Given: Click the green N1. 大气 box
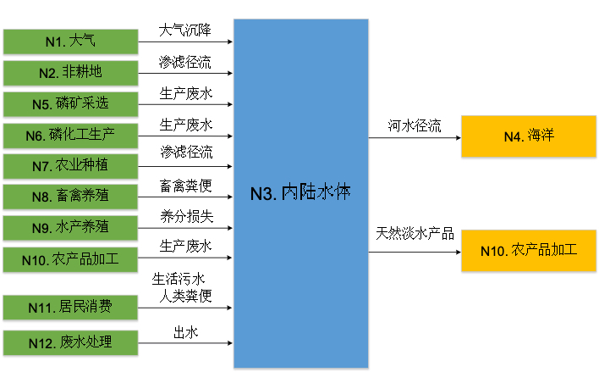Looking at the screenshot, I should click(x=70, y=40).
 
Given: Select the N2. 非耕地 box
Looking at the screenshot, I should click(x=70, y=72).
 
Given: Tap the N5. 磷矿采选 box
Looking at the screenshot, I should click(x=70, y=103).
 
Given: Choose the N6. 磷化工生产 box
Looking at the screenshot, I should click(x=70, y=135).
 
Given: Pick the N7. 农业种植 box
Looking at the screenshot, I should click(x=70, y=165).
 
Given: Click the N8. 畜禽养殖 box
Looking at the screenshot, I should click(x=70, y=197).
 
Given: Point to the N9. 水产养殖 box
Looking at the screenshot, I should click(x=70, y=227).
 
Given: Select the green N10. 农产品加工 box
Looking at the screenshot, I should click(x=70, y=258).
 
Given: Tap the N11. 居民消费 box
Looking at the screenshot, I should click(x=70, y=305).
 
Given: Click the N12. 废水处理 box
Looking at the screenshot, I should click(x=70, y=342).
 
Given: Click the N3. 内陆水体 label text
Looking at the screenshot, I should click(x=300, y=193).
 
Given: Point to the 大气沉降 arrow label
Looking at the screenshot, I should click(x=185, y=30).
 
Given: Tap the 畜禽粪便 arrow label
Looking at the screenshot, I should click(x=185, y=185).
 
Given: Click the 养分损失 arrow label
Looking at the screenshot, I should click(x=185, y=215).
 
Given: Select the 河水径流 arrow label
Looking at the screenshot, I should click(x=415, y=126).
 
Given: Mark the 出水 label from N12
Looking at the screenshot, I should click(x=185, y=333).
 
